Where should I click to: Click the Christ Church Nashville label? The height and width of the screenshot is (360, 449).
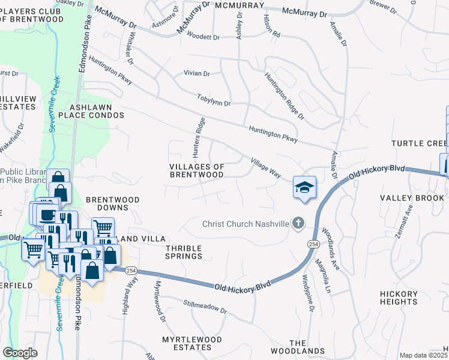[245, 224]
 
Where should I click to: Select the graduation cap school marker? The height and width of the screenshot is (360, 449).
[304, 187]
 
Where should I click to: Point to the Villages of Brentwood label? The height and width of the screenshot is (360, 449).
[197, 170]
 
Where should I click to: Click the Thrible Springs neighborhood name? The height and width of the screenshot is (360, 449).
[184, 252]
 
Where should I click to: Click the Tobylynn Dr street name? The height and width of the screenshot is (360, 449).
[214, 100]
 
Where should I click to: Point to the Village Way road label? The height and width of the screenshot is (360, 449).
[266, 167]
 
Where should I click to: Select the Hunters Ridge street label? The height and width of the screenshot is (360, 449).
[200, 133]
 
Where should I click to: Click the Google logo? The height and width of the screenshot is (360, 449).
[20, 353]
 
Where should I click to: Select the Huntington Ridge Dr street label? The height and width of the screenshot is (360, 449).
[285, 96]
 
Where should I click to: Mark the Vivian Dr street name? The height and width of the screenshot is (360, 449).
[197, 74]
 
